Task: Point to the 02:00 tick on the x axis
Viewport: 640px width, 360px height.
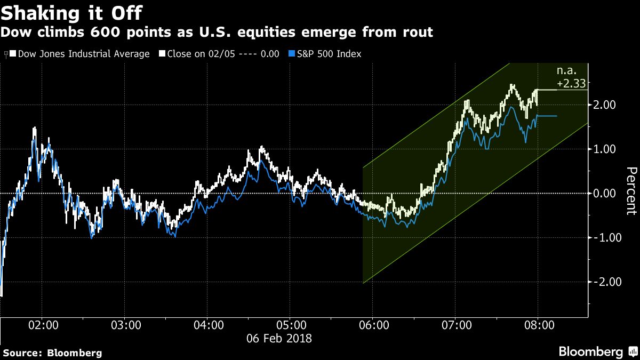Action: pyautogui.click(x=43, y=325)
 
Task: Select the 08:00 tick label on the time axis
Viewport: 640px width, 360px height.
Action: pyautogui.click(x=538, y=325)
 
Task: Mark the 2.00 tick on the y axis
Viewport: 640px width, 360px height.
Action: pyautogui.click(x=607, y=105)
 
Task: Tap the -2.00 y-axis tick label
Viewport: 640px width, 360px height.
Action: pyautogui.click(x=606, y=282)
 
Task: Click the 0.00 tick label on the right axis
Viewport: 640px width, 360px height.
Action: pyautogui.click(x=607, y=194)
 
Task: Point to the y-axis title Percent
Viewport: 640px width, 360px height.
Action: pyautogui.click(x=630, y=191)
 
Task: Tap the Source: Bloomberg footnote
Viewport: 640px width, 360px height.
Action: pyautogui.click(x=52, y=353)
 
